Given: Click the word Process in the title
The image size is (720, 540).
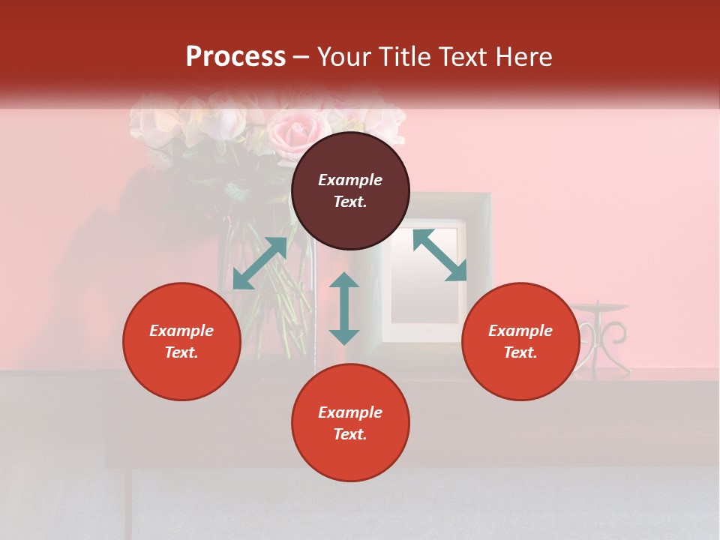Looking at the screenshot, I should (235, 57).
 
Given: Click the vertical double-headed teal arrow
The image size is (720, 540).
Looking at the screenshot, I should (344, 308).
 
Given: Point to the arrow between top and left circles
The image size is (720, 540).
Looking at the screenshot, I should (259, 263).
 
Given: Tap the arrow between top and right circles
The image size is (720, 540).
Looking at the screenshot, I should (439, 255).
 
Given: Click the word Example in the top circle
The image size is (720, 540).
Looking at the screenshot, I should (350, 180).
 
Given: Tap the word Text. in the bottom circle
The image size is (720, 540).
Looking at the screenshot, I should (350, 434).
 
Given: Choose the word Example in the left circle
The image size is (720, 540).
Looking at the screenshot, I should (181, 331).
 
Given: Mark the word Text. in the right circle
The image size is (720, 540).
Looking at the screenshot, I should (520, 352).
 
